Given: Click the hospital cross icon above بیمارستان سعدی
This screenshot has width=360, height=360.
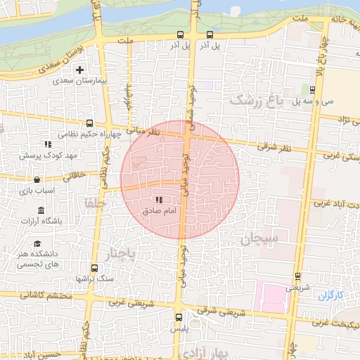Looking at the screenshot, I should point(79,70).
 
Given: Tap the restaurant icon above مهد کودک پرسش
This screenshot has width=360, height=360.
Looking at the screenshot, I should point(48,143).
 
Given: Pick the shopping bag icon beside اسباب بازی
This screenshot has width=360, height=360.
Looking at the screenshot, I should point(36,179).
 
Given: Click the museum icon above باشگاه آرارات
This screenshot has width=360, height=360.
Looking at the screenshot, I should point(41,210).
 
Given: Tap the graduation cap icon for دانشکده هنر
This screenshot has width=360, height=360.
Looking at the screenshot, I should point(37,243).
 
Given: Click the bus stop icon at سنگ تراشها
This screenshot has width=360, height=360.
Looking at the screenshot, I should point(95,268).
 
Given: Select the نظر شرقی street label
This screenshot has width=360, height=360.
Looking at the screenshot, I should point(273,148).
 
